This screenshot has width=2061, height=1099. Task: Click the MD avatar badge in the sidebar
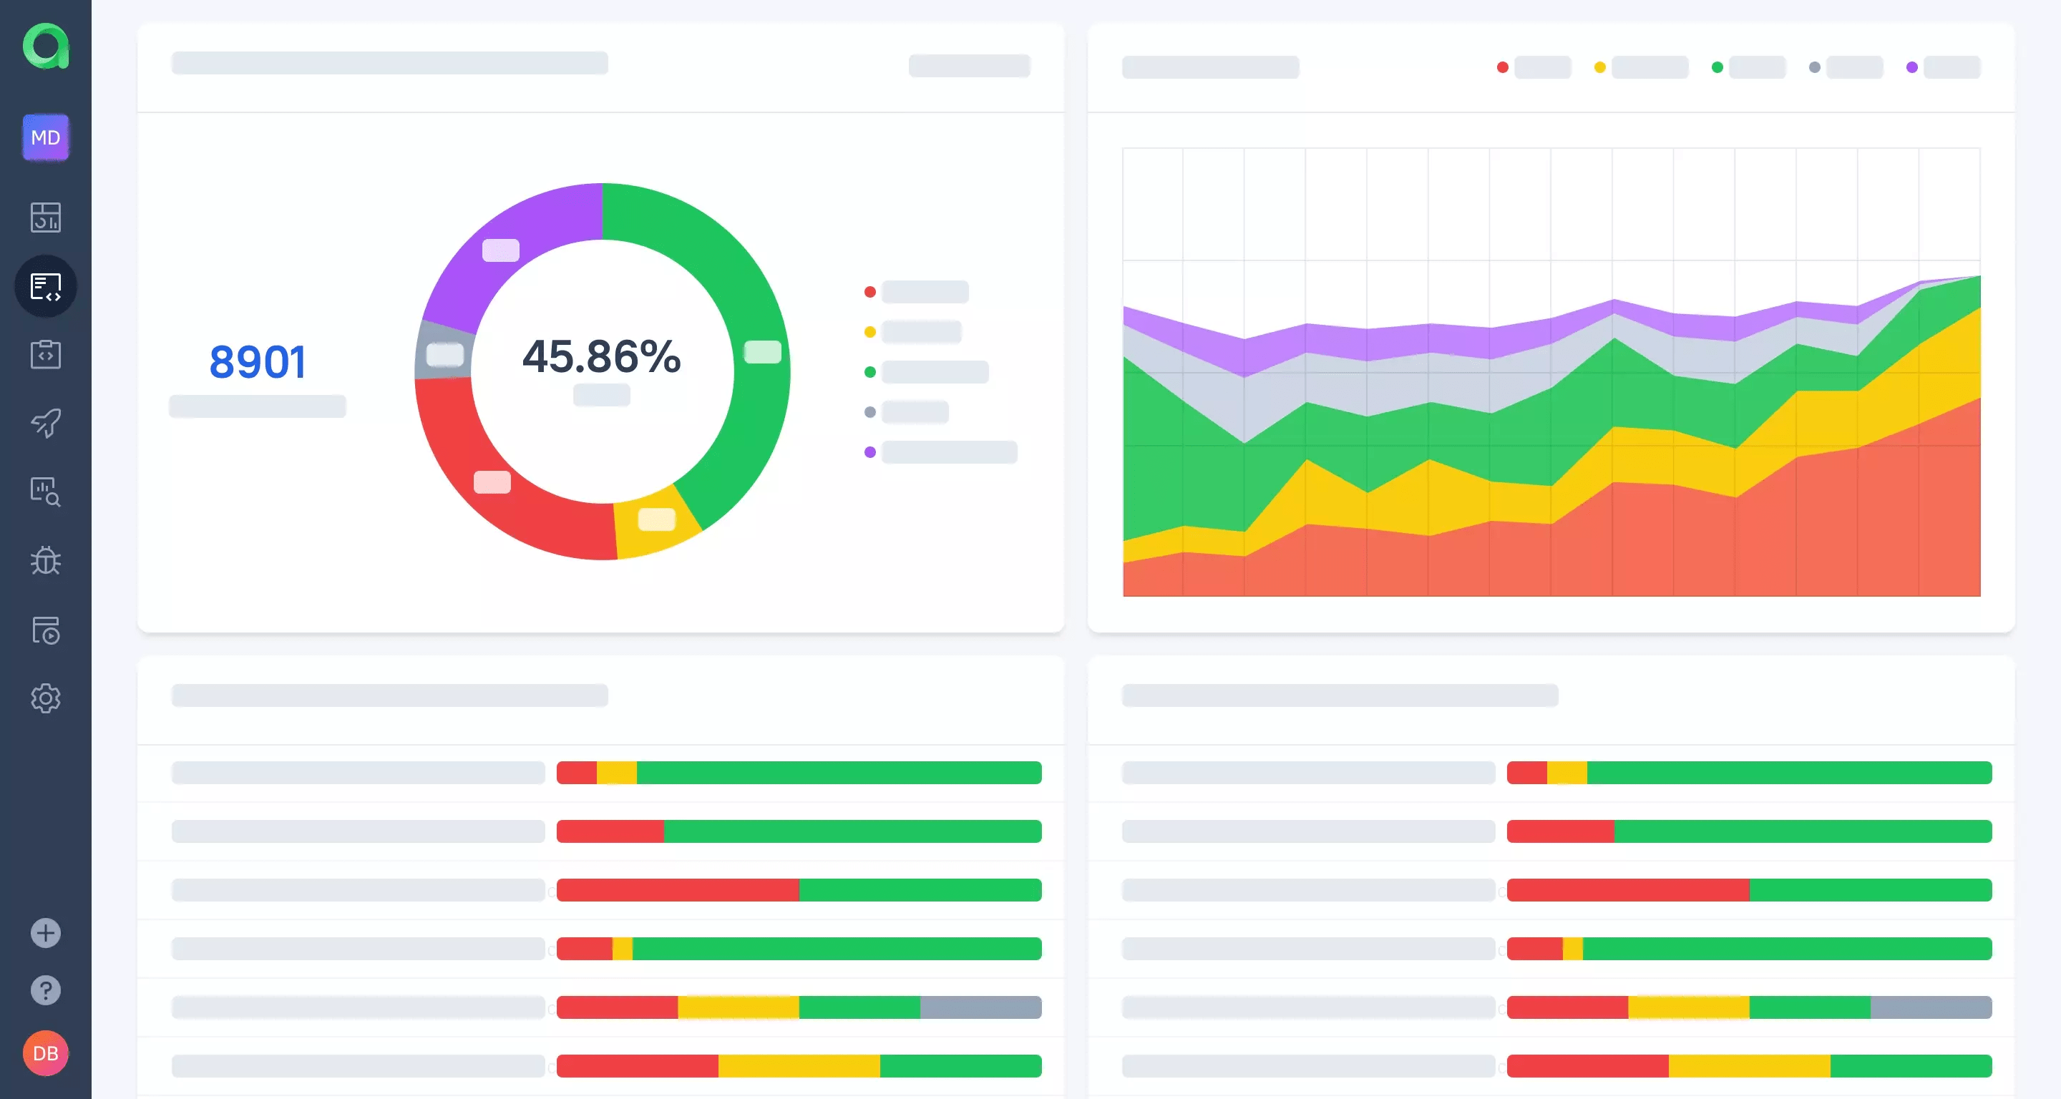(x=46, y=137)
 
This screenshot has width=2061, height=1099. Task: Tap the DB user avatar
(x=46, y=1052)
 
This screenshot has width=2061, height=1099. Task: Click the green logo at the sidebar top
(x=46, y=46)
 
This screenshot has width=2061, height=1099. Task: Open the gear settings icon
(x=46, y=698)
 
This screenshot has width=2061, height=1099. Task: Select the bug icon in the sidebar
(x=46, y=561)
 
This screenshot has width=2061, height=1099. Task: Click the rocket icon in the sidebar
(x=46, y=423)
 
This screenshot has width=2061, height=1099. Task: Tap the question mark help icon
(x=46, y=990)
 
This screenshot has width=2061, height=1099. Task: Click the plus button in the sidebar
(x=46, y=932)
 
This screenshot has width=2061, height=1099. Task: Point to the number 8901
(x=258, y=361)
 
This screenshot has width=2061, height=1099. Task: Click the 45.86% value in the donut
(x=602, y=357)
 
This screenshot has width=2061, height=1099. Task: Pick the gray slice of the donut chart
(x=442, y=352)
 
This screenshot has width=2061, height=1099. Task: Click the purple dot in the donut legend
(x=869, y=452)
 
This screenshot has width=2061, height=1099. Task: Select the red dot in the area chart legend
(x=1503, y=67)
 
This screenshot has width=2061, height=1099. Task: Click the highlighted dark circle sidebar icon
(x=46, y=286)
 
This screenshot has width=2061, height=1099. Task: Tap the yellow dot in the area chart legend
(x=1600, y=67)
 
